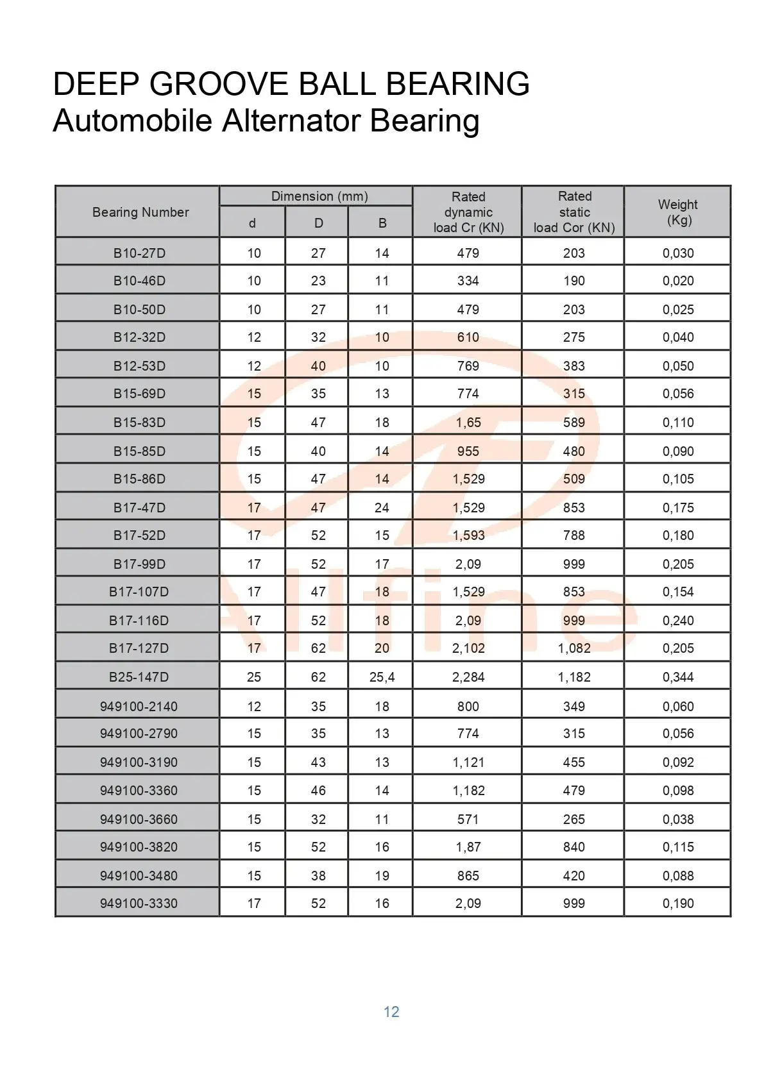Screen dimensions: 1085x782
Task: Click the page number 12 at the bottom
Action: (391, 1011)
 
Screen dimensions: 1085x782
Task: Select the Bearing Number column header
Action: (140, 212)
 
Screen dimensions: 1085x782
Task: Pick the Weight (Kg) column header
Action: (678, 212)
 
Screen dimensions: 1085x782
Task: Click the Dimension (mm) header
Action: (319, 196)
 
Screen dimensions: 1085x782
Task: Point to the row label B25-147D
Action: (139, 677)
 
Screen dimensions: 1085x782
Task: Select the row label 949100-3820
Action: (139, 846)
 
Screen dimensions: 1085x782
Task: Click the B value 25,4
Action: (382, 677)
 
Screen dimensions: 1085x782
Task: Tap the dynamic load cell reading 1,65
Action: (468, 422)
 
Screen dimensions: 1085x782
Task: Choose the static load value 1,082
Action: (574, 648)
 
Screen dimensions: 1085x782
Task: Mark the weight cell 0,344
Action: (678, 677)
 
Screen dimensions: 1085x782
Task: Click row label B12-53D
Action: (139, 366)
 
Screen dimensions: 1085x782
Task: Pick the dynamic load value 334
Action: (468, 280)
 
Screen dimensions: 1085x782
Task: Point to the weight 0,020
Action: (678, 280)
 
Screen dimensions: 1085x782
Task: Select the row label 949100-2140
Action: (139, 706)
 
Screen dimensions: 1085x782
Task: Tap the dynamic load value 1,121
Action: (468, 762)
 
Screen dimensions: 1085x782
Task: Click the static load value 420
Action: (574, 875)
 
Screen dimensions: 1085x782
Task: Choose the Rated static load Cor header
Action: (574, 212)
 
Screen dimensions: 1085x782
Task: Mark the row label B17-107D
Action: (139, 591)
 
